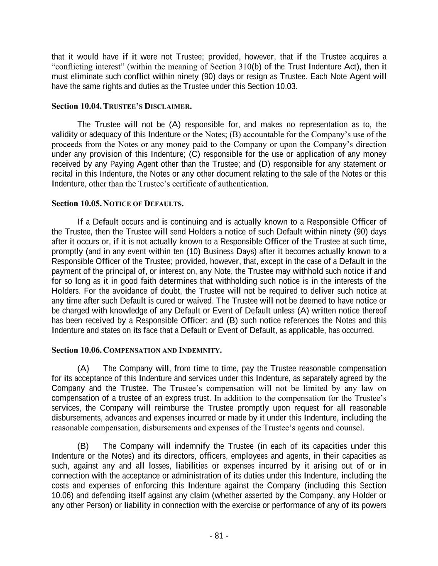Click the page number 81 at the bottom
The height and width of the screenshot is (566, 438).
tap(219, 536)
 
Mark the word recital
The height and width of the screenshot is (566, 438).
tap(61, 174)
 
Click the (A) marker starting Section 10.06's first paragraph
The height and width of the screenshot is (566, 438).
tap(83, 369)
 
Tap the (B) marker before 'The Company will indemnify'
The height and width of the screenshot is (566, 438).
tap(83, 446)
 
